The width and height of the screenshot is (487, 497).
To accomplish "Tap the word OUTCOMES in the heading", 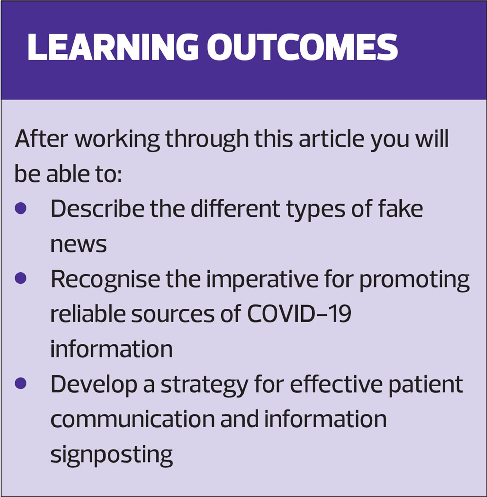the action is (303, 47).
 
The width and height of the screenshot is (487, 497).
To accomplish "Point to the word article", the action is (332, 139).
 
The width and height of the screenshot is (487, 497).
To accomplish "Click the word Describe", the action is (97, 208).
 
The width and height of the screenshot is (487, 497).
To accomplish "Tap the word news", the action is (79, 245).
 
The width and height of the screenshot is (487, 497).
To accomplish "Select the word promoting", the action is (414, 279).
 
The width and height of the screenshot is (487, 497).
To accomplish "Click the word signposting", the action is (112, 455).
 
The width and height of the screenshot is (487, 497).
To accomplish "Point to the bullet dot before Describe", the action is (21, 208).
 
